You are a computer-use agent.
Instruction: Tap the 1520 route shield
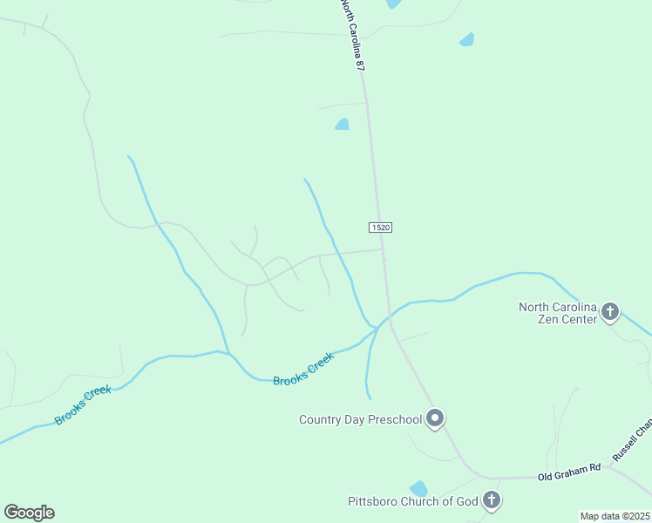tap(380, 228)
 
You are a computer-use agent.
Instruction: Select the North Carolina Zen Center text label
tap(558, 313)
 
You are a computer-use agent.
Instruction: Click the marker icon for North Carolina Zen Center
tap(610, 311)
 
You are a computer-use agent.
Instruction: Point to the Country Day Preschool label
tap(360, 420)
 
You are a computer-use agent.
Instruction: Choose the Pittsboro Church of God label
tap(413, 501)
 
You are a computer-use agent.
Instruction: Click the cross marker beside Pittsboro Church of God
tap(492, 500)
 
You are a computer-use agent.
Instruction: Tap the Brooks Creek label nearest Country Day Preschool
tap(303, 370)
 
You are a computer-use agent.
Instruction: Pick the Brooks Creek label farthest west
tap(83, 405)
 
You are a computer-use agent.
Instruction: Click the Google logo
tap(29, 513)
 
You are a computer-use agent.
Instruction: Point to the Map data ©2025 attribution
tap(614, 516)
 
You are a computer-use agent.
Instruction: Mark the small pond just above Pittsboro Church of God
tap(419, 488)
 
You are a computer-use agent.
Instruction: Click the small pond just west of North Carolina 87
tap(343, 125)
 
